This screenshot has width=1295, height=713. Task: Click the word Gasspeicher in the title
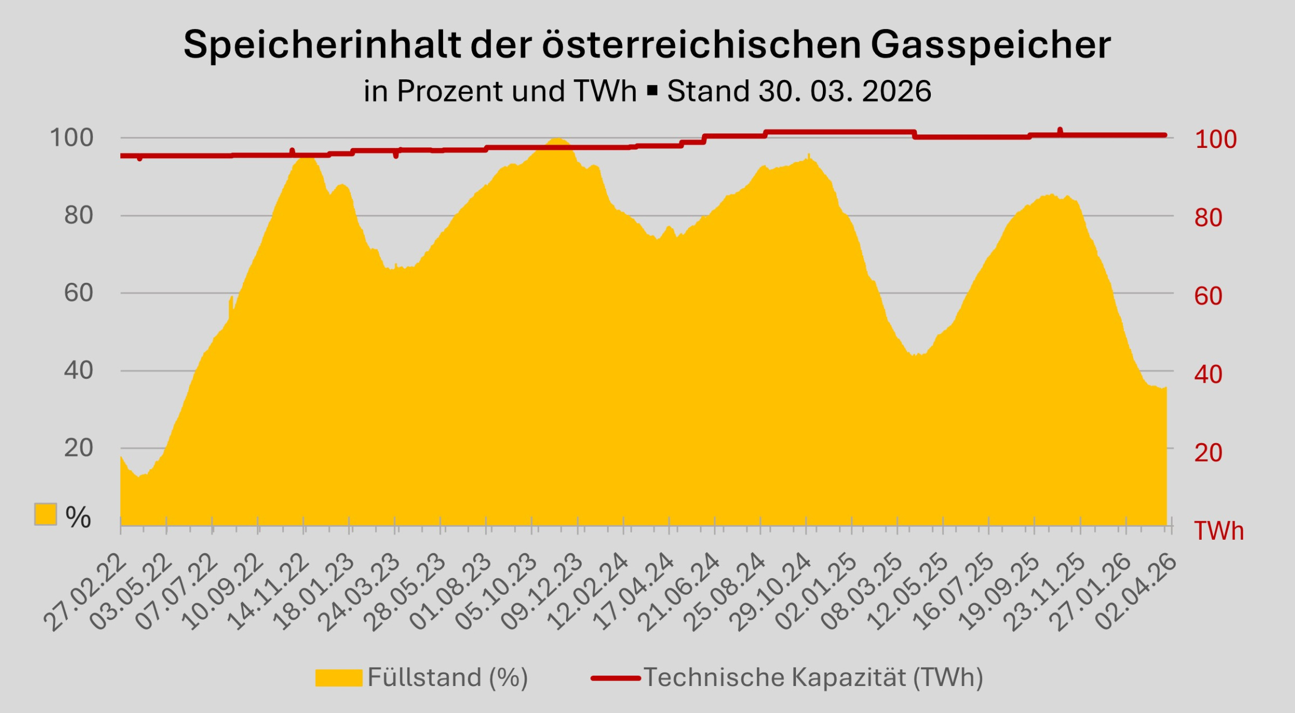[x=990, y=45]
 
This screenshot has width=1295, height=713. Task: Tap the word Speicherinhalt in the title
[x=322, y=45]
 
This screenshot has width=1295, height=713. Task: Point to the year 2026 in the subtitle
[x=896, y=91]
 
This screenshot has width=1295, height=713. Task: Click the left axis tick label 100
[x=72, y=138]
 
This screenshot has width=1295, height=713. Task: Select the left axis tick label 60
[x=79, y=293]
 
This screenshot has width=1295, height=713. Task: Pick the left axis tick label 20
[x=79, y=448]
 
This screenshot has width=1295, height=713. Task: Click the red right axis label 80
[x=1208, y=218]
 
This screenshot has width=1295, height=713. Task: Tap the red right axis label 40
[x=1208, y=375]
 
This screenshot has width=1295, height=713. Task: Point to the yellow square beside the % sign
[x=45, y=514]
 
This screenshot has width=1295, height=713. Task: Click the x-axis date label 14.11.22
[x=269, y=594]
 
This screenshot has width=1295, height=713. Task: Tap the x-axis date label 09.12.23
[x=542, y=594]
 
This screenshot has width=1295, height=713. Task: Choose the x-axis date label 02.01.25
[x=816, y=594]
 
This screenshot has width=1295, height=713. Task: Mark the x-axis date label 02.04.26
[x=1136, y=594]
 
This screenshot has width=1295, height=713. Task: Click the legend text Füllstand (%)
[x=447, y=677]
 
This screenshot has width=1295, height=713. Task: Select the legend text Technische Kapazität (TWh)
[x=813, y=677]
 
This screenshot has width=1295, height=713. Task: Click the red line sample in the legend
[x=616, y=678]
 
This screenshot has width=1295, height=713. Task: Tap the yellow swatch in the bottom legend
[x=338, y=678]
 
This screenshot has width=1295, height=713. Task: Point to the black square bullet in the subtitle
[x=652, y=91]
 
